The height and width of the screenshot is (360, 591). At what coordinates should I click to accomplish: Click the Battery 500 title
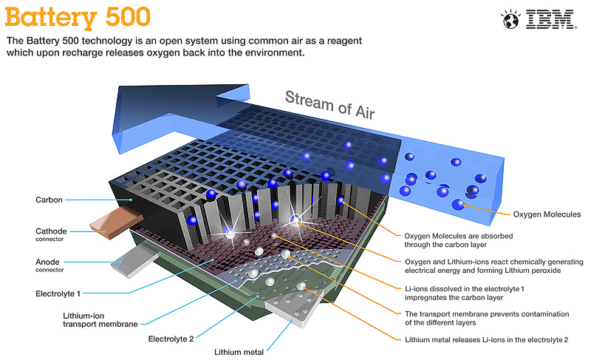coord(78,17)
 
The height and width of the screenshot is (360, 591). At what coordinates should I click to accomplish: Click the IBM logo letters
coord(550,20)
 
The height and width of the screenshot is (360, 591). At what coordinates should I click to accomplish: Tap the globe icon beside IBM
coord(510,20)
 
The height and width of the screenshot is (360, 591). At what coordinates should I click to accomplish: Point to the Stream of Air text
coord(329,105)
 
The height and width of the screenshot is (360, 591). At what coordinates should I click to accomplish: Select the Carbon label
coord(49,200)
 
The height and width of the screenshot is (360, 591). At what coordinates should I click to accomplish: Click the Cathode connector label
coord(51,234)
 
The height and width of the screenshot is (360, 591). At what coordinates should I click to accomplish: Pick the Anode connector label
coord(49,265)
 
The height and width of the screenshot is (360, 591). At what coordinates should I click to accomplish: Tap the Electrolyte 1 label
coord(58,293)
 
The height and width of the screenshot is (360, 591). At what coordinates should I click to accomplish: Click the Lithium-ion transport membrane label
coord(100,320)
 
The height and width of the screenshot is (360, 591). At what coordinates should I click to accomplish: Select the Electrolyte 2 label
coord(171,339)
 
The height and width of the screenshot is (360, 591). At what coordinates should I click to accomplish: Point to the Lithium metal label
coord(239,352)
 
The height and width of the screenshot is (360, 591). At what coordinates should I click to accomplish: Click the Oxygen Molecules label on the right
coord(547,214)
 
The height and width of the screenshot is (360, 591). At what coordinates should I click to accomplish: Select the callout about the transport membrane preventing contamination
coord(487,318)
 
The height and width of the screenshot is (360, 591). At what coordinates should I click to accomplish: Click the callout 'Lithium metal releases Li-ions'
coord(486,339)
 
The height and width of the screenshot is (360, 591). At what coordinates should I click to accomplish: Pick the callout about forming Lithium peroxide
coord(493,266)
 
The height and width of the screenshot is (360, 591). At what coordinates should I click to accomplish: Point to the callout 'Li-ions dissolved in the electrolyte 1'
coord(465,293)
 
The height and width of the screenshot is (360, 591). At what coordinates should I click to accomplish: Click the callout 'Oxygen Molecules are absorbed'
coord(458,240)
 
